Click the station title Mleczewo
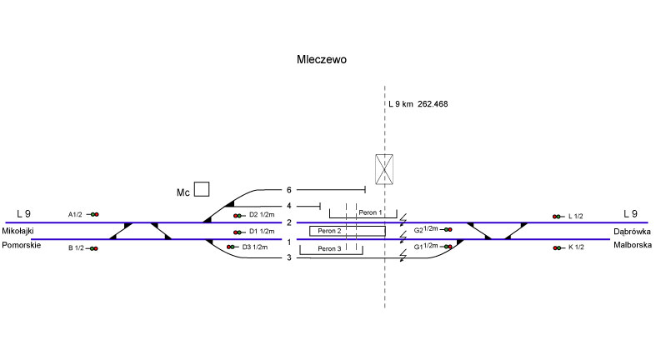pyautogui.click(x=321, y=60)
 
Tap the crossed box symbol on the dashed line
pyautogui.click(x=384, y=168)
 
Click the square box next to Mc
pyautogui.click(x=202, y=188)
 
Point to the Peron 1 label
pyautogui.click(x=370, y=213)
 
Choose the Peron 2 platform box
pyautogui.click(x=347, y=231)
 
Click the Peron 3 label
pyautogui.click(x=328, y=249)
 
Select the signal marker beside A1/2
pyautogui.click(x=94, y=214)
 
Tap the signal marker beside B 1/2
pyautogui.click(x=94, y=248)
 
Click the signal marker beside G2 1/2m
pyautogui.click(x=448, y=229)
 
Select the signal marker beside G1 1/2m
pyautogui.click(x=448, y=247)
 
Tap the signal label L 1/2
pyautogui.click(x=575, y=216)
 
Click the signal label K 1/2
pyautogui.click(x=575, y=247)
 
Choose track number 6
pyautogui.click(x=289, y=191)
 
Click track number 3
pyautogui.click(x=289, y=257)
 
